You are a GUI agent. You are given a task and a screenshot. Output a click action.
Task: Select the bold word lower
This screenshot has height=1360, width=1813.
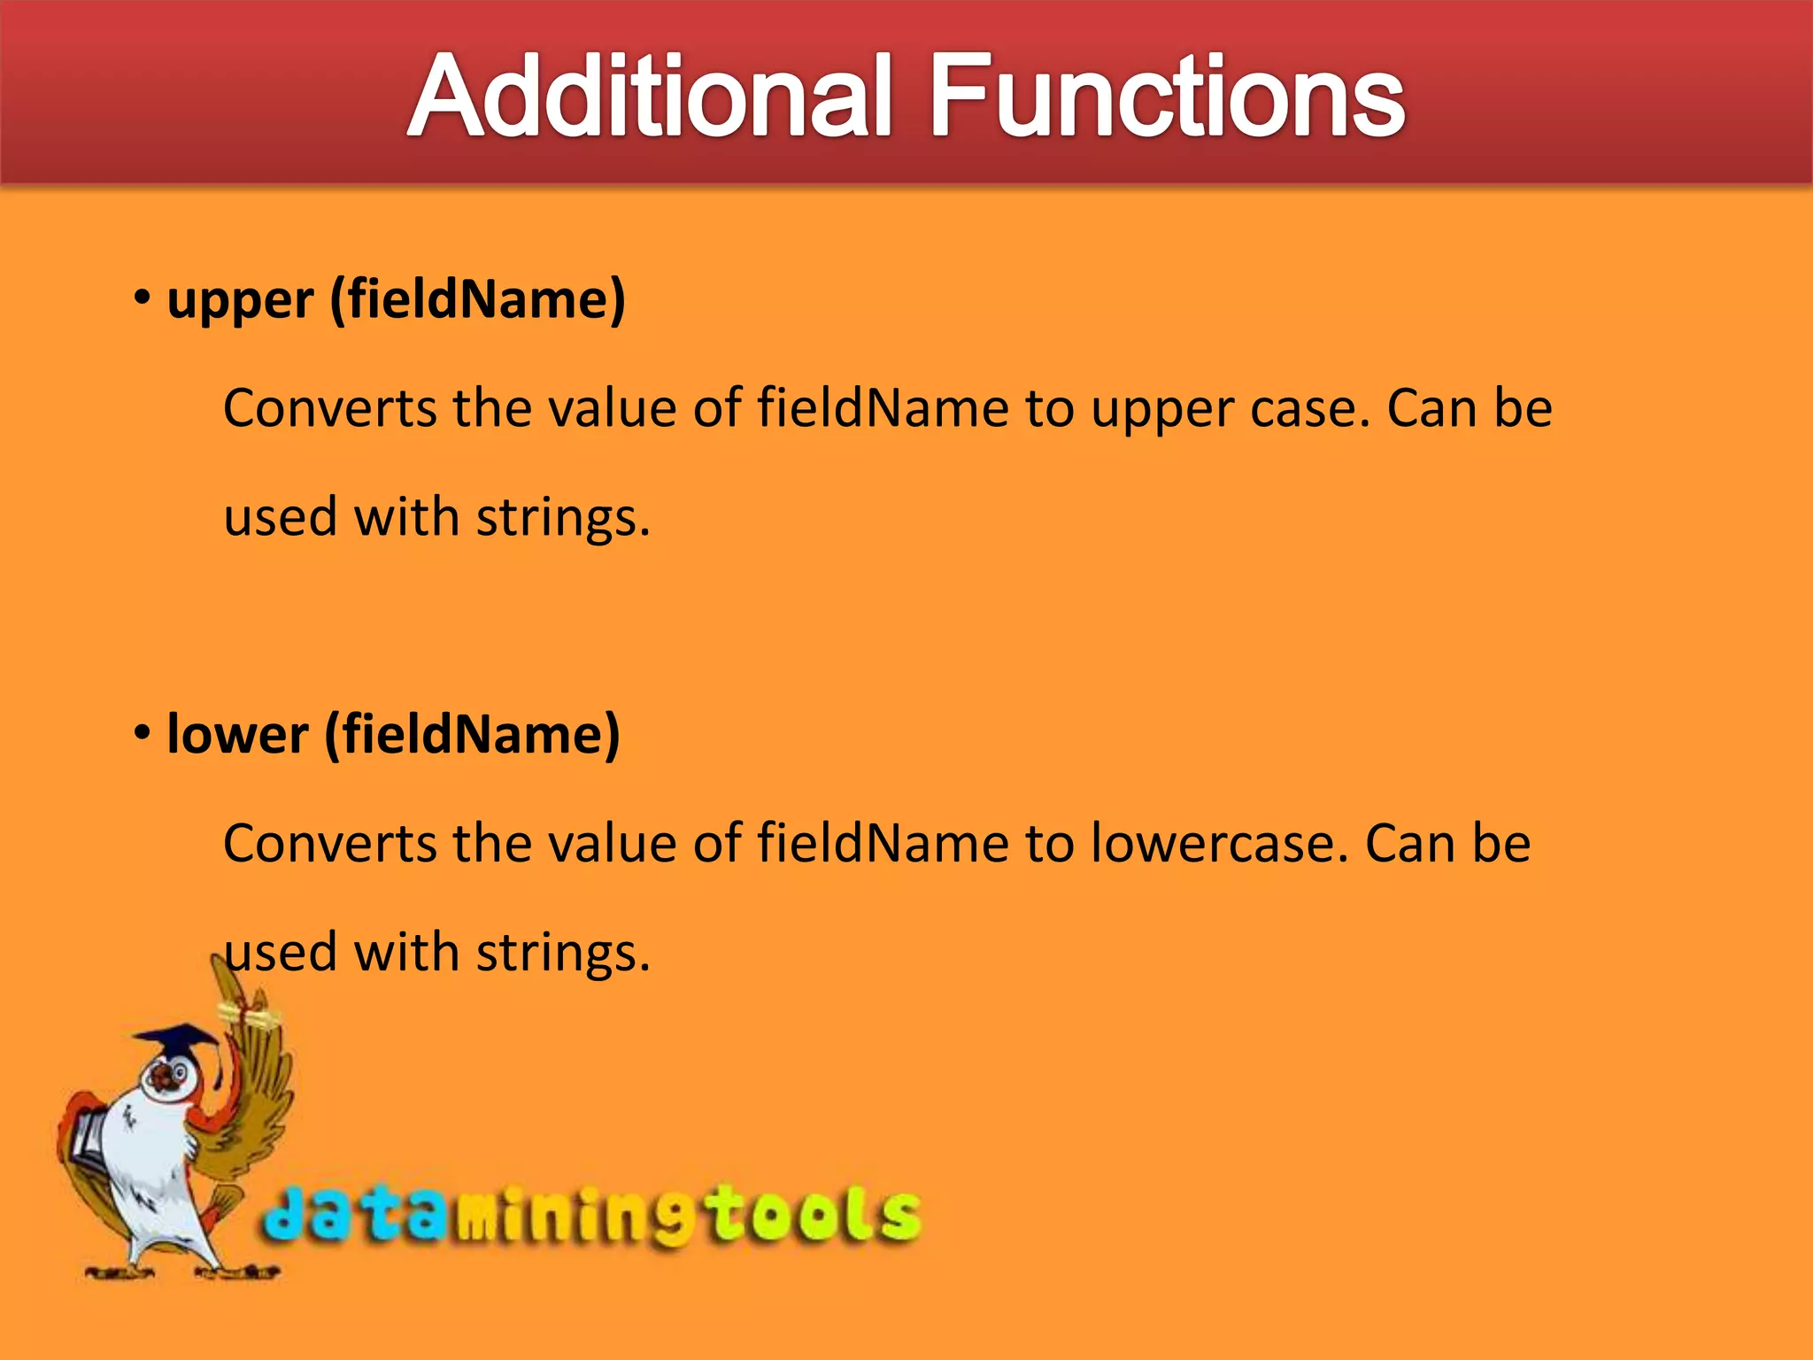pyautogui.click(x=237, y=735)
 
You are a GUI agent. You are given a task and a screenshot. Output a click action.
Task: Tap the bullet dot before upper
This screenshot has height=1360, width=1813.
pyautogui.click(x=143, y=297)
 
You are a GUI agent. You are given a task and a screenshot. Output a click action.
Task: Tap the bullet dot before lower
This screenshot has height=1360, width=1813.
pyautogui.click(x=143, y=732)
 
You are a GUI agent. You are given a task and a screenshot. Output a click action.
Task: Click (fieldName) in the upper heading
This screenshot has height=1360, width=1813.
pyautogui.click(x=478, y=299)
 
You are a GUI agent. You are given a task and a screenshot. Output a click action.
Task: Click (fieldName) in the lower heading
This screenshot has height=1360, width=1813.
pyautogui.click(x=473, y=734)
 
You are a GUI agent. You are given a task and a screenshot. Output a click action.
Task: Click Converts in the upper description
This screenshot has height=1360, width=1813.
pyautogui.click(x=329, y=409)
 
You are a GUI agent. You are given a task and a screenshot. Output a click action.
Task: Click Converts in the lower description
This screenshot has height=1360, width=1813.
pyautogui.click(x=329, y=843)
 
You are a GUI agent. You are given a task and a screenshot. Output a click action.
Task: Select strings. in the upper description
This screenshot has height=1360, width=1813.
pyautogui.click(x=563, y=517)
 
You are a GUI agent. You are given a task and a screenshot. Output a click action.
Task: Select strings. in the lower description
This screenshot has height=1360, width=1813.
pyautogui.click(x=563, y=953)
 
